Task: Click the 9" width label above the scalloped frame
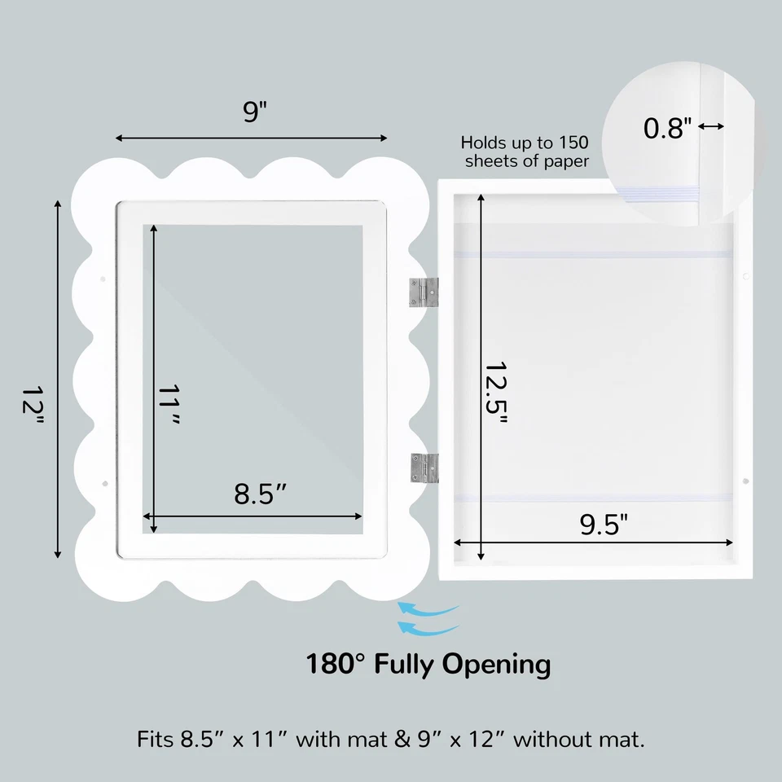255,111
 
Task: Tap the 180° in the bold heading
336,664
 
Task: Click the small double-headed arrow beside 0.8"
711,126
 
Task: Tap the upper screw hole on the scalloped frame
102,279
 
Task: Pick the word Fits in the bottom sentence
155,740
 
